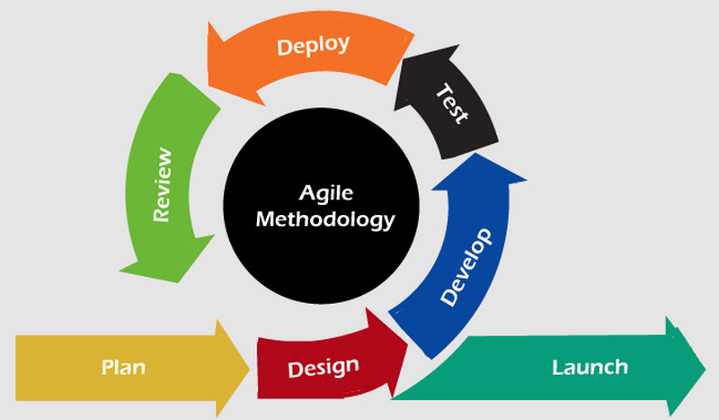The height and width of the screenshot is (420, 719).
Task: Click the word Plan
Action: click(x=123, y=368)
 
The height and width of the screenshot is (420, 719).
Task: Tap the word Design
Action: click(x=324, y=368)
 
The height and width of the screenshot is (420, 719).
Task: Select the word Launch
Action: click(x=590, y=367)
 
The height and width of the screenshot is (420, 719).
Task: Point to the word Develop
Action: click(x=466, y=267)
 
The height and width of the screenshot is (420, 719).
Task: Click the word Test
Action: click(x=453, y=103)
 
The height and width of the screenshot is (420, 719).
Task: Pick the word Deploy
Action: click(x=313, y=46)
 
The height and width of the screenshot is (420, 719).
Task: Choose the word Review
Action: click(x=163, y=184)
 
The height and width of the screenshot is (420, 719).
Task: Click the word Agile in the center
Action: click(x=326, y=193)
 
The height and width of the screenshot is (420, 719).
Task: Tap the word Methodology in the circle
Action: click(x=325, y=219)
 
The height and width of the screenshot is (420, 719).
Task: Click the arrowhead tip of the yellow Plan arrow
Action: click(x=249, y=368)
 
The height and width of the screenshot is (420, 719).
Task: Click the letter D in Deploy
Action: click(x=284, y=49)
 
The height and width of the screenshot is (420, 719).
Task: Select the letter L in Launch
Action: click(x=557, y=367)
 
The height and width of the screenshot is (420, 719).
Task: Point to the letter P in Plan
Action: click(x=107, y=367)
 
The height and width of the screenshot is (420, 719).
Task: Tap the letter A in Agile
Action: click(x=307, y=192)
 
